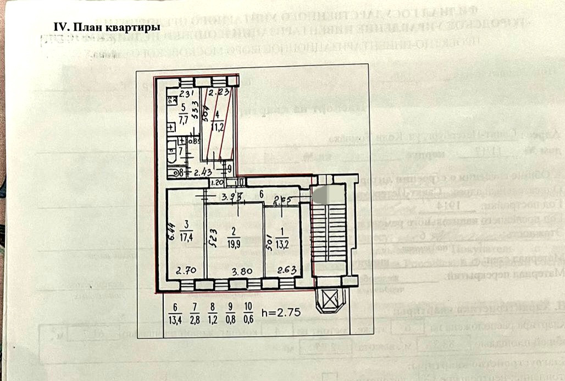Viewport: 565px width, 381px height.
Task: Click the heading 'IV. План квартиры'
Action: [x=106, y=27]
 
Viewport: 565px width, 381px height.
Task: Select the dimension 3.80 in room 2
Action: [x=240, y=271]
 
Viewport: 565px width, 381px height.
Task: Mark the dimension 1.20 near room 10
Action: [x=217, y=182]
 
